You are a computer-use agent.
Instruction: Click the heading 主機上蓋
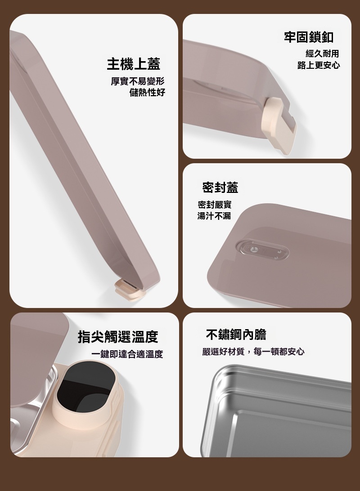(134, 64)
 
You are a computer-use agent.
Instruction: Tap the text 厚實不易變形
(138, 81)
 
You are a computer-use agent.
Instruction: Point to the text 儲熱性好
(147, 92)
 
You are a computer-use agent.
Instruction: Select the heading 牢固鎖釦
(309, 37)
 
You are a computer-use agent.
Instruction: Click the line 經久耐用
(322, 54)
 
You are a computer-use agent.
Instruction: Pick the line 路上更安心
(319, 65)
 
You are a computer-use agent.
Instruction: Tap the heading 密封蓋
(220, 187)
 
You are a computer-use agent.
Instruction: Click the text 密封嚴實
(215, 205)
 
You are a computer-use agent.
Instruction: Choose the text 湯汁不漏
(214, 216)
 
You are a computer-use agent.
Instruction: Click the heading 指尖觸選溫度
(118, 337)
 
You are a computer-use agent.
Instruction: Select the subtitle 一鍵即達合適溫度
(127, 354)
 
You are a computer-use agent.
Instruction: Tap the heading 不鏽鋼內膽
(236, 335)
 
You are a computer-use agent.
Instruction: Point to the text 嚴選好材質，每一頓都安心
(253, 352)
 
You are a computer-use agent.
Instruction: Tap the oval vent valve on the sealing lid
(263, 250)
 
